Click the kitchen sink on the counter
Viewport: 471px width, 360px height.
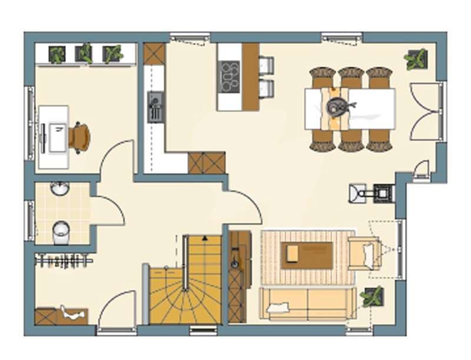click(155, 107)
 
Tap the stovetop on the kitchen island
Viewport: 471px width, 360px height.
click(229, 77)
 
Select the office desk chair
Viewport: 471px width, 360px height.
click(79, 137)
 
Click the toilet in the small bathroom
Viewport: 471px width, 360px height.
click(60, 232)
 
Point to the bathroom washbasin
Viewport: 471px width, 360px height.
click(59, 189)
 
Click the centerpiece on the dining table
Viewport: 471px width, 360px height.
click(339, 107)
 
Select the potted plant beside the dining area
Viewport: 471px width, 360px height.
click(416, 59)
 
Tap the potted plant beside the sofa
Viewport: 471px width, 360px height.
click(372, 296)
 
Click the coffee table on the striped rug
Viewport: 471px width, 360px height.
click(306, 255)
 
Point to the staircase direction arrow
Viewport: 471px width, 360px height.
click(204, 238)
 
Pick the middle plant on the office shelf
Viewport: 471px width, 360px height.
click(84, 54)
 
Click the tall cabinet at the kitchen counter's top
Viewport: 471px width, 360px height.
click(154, 54)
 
